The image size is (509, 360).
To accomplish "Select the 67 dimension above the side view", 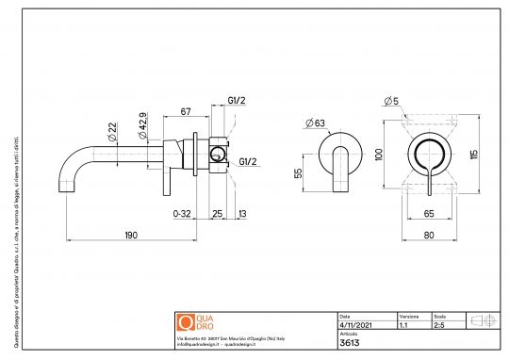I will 186,111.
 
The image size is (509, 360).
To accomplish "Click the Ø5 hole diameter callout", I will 391,101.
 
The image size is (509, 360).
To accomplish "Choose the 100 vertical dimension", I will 379,155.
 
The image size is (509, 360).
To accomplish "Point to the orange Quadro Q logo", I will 185,322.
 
